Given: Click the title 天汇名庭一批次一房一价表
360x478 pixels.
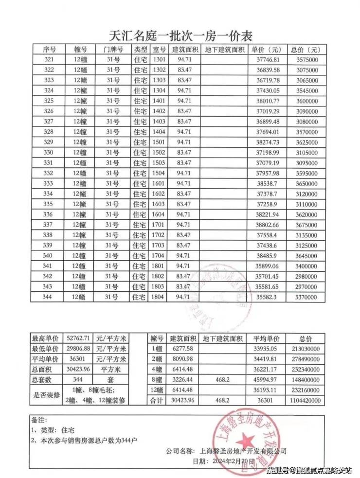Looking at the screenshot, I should pyautogui.click(x=180, y=36).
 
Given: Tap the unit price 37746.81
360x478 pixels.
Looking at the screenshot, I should pyautogui.click(x=265, y=60).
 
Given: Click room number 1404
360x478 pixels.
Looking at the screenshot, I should pyautogui.click(x=159, y=132).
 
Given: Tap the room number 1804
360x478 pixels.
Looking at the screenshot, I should pyautogui.click(x=159, y=297).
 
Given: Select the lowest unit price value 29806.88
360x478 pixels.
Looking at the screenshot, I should pyautogui.click(x=78, y=349).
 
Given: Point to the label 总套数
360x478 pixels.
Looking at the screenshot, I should pyautogui.click(x=44, y=379).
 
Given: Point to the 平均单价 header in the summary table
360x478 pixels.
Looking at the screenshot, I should pyautogui.click(x=264, y=338).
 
